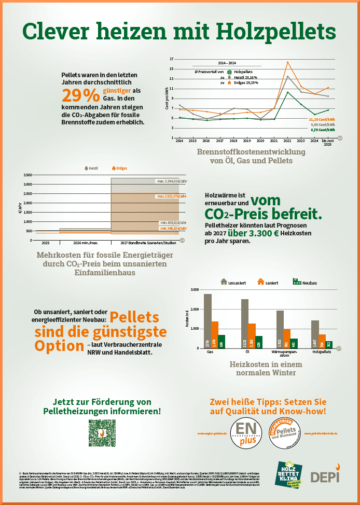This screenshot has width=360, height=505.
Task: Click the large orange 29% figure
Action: tap(80, 95)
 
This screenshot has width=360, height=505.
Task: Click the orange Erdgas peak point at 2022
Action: tap(288, 62)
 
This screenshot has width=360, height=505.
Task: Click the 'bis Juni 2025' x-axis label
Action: tap(327, 143)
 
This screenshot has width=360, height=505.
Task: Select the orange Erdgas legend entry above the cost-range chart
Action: tap(118, 169)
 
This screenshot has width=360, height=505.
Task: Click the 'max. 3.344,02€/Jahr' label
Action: tap(168, 181)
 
